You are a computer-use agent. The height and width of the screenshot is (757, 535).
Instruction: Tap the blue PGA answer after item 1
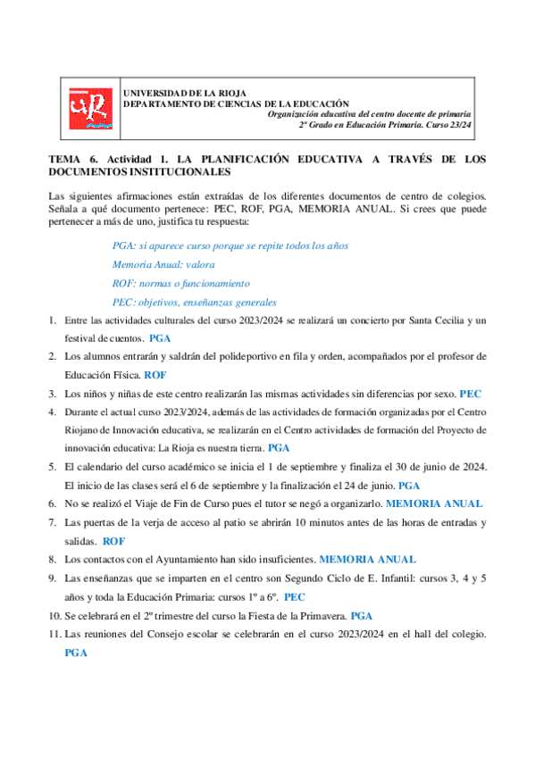[160, 339]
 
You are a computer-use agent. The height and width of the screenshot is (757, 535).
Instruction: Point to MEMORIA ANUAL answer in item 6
[433, 503]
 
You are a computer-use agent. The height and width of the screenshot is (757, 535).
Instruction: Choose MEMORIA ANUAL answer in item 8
[367, 560]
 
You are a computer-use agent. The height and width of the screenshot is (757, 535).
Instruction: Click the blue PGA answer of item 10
[361, 616]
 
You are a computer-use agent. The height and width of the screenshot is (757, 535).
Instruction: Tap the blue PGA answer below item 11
[76, 653]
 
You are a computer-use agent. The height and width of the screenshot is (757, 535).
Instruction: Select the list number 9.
[53, 578]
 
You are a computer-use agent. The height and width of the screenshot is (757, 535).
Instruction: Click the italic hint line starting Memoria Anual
[163, 264]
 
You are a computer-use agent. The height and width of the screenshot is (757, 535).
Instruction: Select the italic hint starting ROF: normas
[169, 283]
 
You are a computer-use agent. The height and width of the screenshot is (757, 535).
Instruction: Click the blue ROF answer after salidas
[114, 541]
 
